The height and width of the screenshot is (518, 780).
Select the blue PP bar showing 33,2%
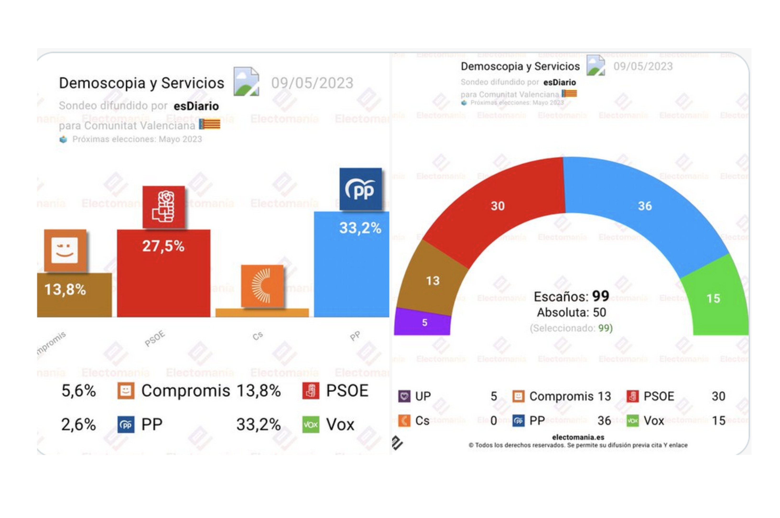[x=351, y=271]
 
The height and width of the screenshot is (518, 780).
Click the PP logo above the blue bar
[x=361, y=189]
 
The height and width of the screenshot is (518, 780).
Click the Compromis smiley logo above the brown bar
[x=65, y=250]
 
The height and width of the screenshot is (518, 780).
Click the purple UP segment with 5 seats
[x=423, y=322]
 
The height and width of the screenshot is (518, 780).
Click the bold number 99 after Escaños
[x=601, y=296]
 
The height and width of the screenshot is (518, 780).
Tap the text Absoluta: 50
[x=571, y=312]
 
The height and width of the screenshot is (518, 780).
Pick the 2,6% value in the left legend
[x=79, y=424]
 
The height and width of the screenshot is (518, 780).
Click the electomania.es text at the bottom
[x=578, y=437]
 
